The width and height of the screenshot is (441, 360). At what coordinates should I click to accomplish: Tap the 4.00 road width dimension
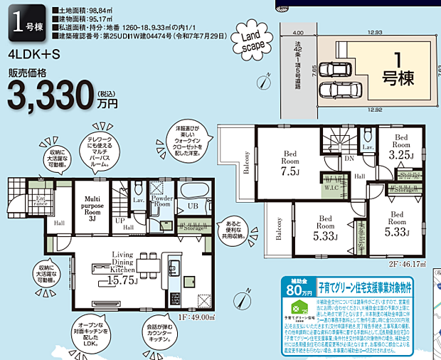(298, 33)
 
